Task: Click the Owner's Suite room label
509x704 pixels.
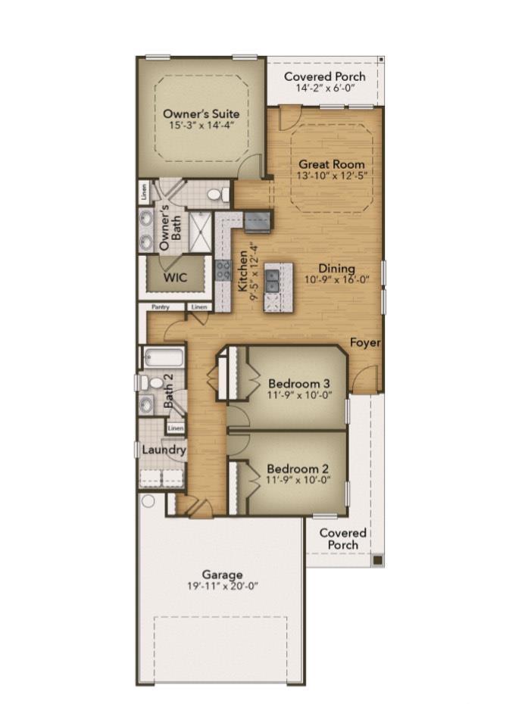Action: pyautogui.click(x=201, y=114)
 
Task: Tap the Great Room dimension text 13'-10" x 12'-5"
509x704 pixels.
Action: pyautogui.click(x=332, y=176)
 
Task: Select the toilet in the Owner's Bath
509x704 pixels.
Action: pyautogui.click(x=218, y=195)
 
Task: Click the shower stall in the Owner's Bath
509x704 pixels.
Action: pyautogui.click(x=201, y=232)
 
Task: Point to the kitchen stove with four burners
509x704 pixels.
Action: pyautogui.click(x=223, y=271)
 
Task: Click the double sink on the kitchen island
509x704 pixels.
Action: pyautogui.click(x=272, y=281)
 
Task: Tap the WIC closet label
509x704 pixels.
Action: pyautogui.click(x=175, y=277)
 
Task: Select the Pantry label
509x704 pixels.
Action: pyautogui.click(x=161, y=307)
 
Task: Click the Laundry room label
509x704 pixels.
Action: pyautogui.click(x=164, y=450)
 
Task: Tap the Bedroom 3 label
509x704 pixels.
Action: pyautogui.click(x=299, y=384)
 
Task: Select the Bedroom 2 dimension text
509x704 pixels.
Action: pyautogui.click(x=298, y=479)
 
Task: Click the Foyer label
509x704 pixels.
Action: pyautogui.click(x=365, y=343)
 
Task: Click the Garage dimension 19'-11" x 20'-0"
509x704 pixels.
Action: pyautogui.click(x=223, y=586)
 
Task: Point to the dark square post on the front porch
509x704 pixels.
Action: pyautogui.click(x=378, y=559)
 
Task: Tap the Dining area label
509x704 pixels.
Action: pyautogui.click(x=336, y=269)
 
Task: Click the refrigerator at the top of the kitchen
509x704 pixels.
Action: pyautogui.click(x=258, y=222)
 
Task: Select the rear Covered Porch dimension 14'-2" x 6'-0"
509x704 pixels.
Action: pyautogui.click(x=325, y=88)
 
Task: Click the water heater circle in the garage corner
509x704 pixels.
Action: pyautogui.click(x=148, y=500)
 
